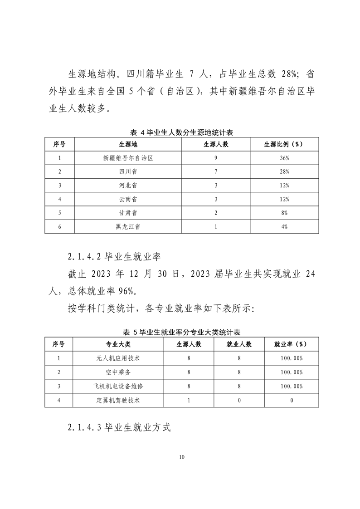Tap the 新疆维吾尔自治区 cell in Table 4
click(127, 158)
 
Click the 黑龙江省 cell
click(127, 227)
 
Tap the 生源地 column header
click(127, 144)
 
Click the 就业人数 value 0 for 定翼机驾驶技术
click(239, 400)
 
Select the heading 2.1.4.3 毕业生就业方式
click(119, 427)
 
